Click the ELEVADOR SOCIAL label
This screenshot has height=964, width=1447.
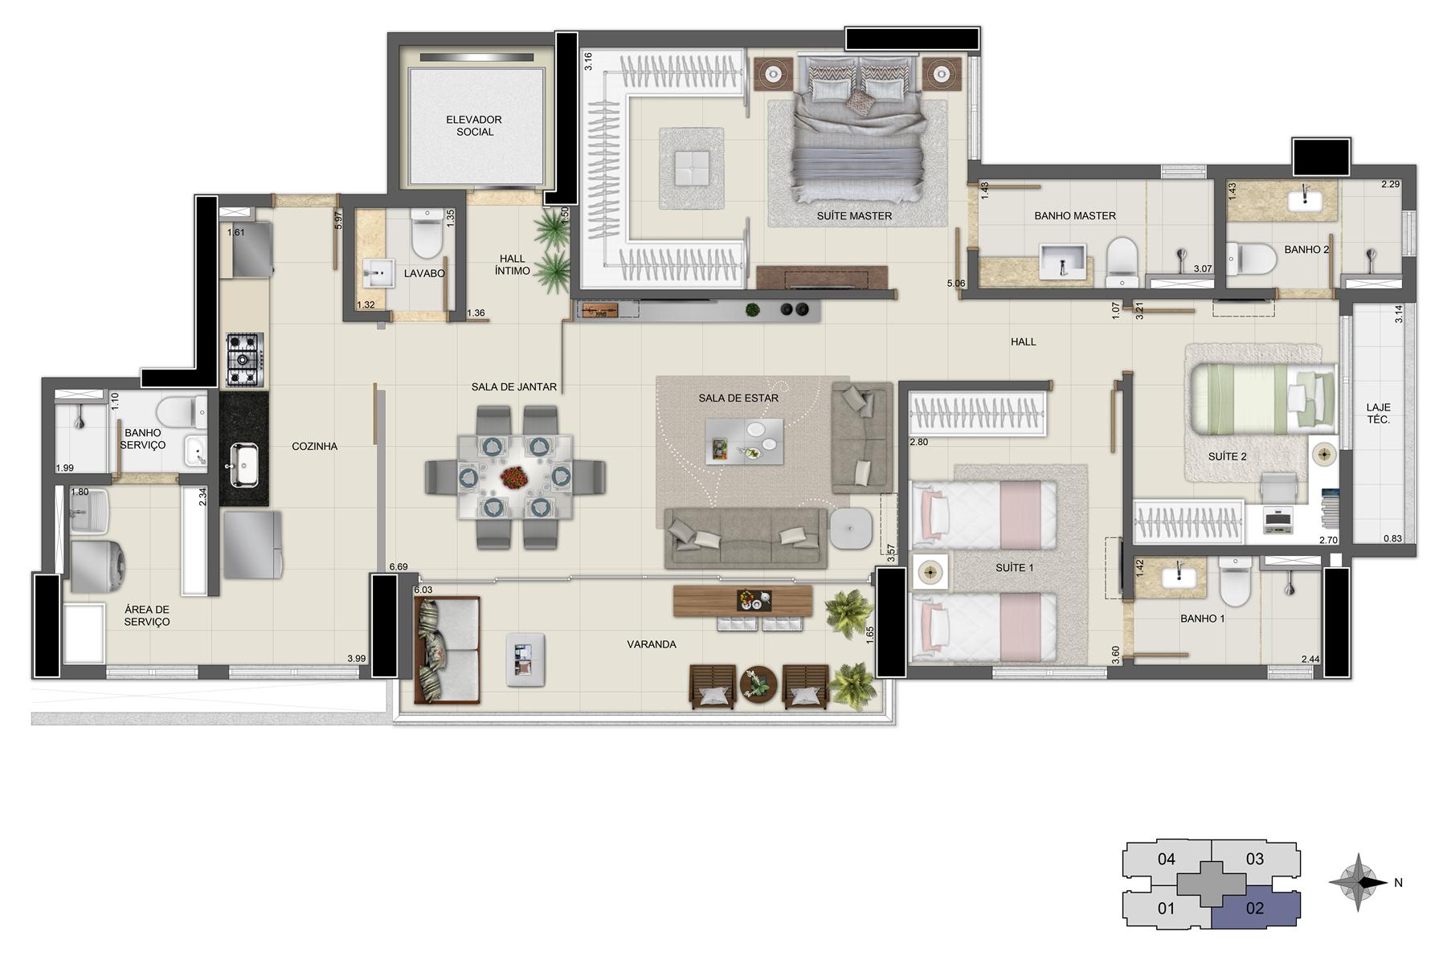pos(474,125)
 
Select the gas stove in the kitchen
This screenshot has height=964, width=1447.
pos(244,359)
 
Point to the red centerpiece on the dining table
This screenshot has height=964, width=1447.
pos(515,478)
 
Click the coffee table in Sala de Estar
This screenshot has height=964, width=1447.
pos(744,441)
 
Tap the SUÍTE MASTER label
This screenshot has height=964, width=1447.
pos(854,215)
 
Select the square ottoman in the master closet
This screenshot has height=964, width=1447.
pos(691,167)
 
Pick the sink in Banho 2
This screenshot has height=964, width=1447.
pos(1306,198)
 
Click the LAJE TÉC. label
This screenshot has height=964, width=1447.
pos(1378,414)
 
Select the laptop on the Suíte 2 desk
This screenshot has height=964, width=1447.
pos(1277,520)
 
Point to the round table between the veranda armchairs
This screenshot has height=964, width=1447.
pos(758,684)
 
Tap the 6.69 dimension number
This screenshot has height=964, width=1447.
pos(398,566)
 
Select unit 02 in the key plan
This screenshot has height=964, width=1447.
pos(1254,908)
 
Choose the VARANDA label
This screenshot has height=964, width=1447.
pos(652,644)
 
